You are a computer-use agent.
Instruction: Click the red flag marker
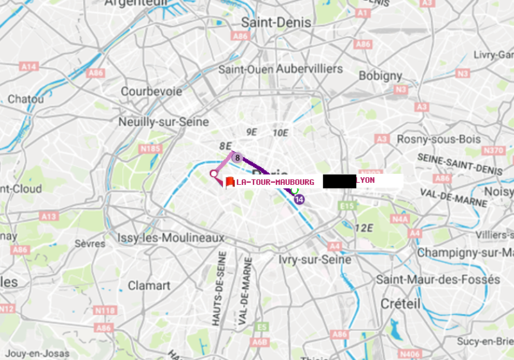coord(229,182)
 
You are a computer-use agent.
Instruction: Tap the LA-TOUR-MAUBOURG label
coord(275,182)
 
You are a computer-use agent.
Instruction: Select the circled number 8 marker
coord(237,158)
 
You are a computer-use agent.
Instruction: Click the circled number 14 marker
coord(299,199)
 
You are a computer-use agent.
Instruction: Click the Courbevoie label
coord(151,91)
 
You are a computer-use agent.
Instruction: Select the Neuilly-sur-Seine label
coord(164,122)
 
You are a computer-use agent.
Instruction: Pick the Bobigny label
coord(380,75)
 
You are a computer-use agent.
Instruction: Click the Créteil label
coord(400,304)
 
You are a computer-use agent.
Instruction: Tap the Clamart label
coord(149,285)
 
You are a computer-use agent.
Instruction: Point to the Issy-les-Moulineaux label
coord(171,238)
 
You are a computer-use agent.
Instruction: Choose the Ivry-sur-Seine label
coord(315,259)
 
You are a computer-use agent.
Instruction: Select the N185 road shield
coord(150,148)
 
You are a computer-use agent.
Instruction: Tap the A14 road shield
coord(28,67)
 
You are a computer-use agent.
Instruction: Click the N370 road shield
coord(492,151)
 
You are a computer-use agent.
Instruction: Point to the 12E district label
coord(364,228)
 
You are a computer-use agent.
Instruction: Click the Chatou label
coord(26,99)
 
